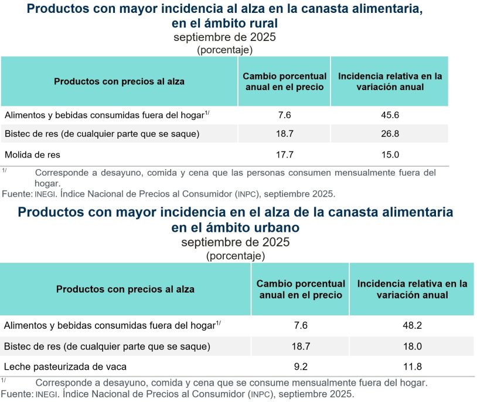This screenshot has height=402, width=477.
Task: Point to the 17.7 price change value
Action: pos(285,155)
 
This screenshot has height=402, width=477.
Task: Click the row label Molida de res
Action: pos(32,155)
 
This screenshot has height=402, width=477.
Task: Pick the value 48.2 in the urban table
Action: pos(412,326)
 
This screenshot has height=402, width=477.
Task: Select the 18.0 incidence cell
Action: pos(412,346)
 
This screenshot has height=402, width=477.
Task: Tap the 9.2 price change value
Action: pos(301,367)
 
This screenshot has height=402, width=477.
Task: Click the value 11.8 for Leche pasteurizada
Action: pos(412,367)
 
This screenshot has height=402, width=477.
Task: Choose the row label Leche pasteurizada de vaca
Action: pos(65,367)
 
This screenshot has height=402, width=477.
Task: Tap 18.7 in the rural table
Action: pos(285,134)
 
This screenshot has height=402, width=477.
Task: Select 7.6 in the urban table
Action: pos(301,326)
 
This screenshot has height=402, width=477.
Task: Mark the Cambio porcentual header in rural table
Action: pos(285,81)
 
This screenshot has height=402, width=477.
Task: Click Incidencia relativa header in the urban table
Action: pos(412,289)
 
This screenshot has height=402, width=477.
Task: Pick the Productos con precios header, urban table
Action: pos(125,289)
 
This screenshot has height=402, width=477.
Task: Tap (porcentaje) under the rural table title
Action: pos(225,50)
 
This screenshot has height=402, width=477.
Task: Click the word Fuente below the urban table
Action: pos(16,394)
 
